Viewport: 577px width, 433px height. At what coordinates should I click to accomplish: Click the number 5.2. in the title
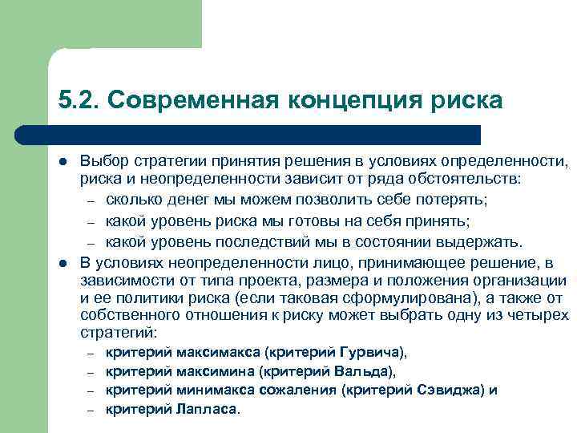pos(78,101)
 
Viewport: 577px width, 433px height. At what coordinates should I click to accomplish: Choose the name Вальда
pos(365,372)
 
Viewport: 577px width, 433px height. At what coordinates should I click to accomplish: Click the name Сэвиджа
pos(450,391)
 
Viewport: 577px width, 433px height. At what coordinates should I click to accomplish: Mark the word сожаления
pos(297,391)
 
